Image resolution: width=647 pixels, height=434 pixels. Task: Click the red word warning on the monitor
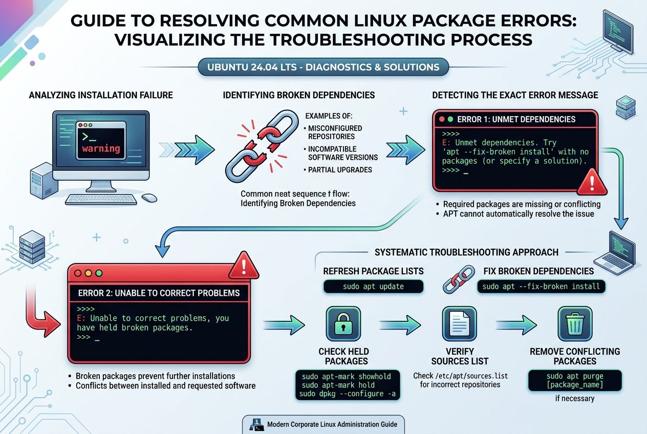pos(101,149)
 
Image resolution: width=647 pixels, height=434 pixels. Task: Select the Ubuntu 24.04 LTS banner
pos(323,67)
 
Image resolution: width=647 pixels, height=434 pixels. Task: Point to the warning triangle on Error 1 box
pos(591,183)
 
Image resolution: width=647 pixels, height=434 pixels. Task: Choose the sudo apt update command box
pos(373,287)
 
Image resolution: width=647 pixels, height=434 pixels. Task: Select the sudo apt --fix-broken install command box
pos(541,286)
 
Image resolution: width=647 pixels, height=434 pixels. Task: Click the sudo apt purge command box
pos(574,380)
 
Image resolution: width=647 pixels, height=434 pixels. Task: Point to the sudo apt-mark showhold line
pos(346,376)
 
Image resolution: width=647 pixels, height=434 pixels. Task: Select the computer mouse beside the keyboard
pos(149,198)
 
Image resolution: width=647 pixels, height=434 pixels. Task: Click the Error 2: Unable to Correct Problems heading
pos(159,293)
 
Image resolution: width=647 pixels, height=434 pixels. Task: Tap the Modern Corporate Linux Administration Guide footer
pos(323,424)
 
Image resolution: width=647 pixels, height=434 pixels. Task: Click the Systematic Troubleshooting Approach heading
pos(466,252)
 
